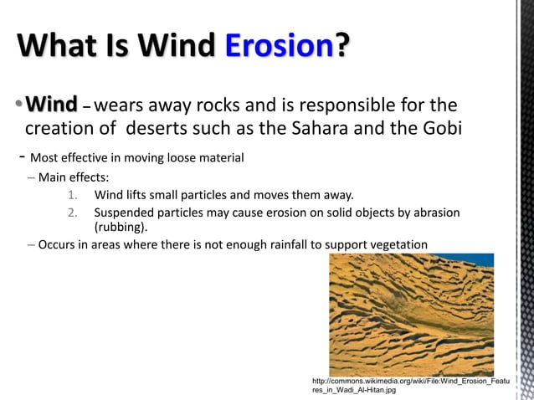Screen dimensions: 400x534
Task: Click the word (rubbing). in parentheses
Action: (x=121, y=227)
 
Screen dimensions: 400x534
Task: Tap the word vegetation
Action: (x=396, y=244)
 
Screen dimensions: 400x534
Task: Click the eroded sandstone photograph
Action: (x=411, y=314)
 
